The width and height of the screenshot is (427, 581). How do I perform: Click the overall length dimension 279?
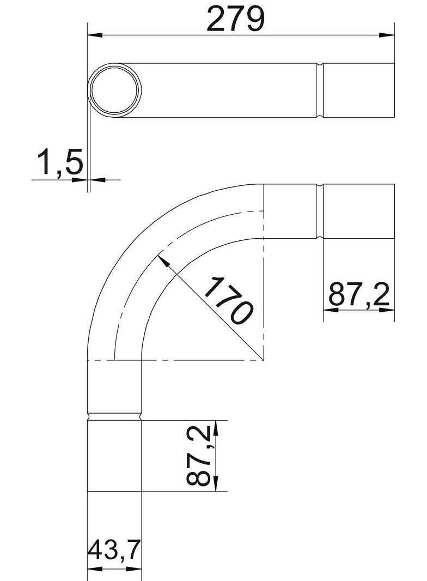pos(237,19)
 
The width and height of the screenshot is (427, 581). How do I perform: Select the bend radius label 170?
pos(229,300)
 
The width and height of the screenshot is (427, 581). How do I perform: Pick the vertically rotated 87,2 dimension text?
pos(199,456)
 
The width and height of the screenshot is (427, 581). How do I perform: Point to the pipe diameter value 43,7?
pos(114,555)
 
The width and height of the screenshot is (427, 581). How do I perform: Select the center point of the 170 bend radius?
pos(264,360)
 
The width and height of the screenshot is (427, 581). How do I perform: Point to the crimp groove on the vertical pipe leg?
pos(114,416)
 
